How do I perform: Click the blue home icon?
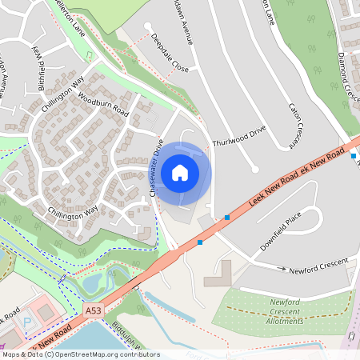click(180, 173)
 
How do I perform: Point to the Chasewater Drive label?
click(157, 168)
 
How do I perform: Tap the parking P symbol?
click(28, 322)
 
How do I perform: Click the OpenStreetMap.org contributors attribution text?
click(112, 354)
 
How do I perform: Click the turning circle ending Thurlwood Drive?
click(254, 169)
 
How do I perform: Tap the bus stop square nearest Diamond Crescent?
click(354, 155)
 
